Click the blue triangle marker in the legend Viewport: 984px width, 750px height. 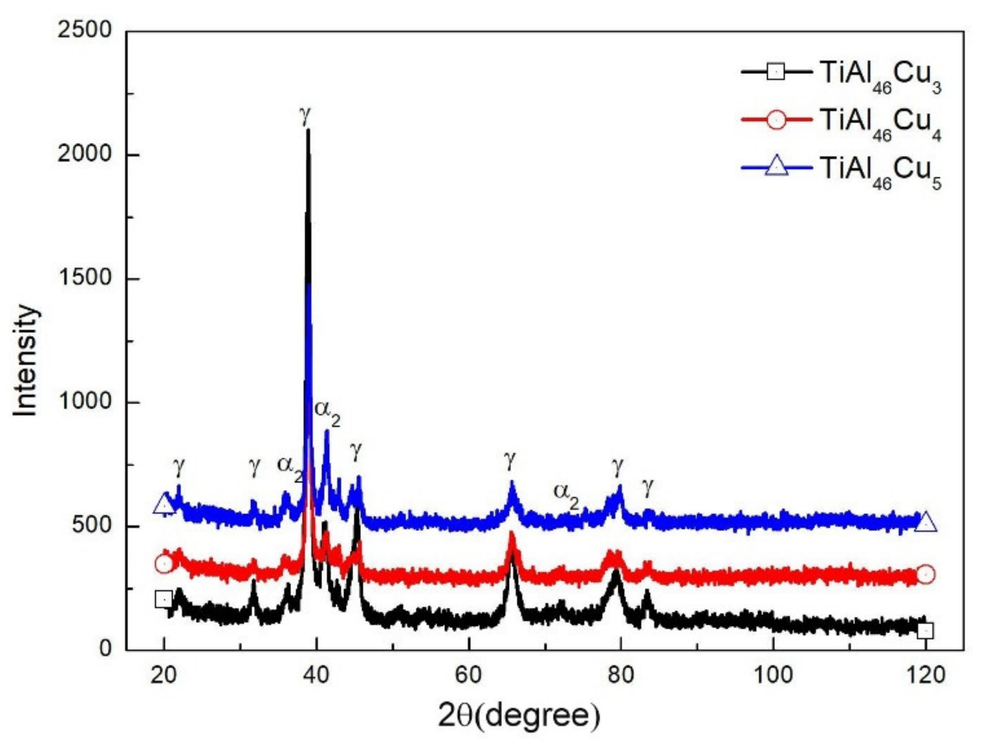pos(776,167)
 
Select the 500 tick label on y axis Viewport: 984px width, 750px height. pos(91,526)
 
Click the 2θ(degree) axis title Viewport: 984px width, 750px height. pos(519,716)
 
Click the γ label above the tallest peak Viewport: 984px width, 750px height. pos(305,115)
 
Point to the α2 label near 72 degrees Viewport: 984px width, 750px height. pos(566,495)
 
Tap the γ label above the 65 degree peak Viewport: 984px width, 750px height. pos(510,460)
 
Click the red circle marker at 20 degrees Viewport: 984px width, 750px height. pos(164,564)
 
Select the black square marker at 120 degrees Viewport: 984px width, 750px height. pos(925,631)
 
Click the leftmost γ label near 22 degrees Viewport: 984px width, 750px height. pos(179,466)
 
